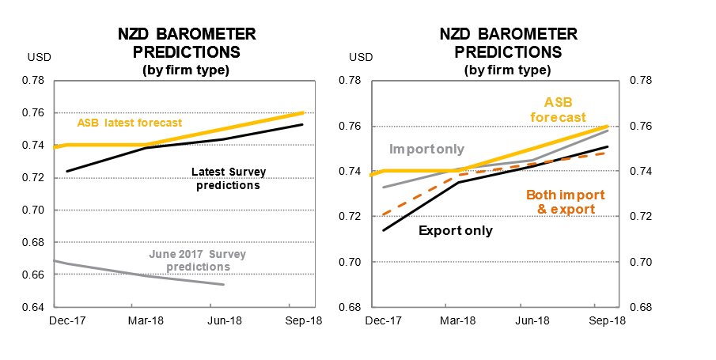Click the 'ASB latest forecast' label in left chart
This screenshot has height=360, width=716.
(130, 123)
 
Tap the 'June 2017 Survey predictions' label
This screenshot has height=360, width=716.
(197, 260)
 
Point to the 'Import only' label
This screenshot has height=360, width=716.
(427, 149)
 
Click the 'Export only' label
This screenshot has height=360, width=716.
(455, 231)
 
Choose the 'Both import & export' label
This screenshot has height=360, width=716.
(566, 202)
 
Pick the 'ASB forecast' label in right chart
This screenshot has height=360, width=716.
(574, 109)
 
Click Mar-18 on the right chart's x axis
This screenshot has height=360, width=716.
(457, 321)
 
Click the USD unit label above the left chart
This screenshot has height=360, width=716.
(38, 57)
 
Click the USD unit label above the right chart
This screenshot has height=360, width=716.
(361, 57)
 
